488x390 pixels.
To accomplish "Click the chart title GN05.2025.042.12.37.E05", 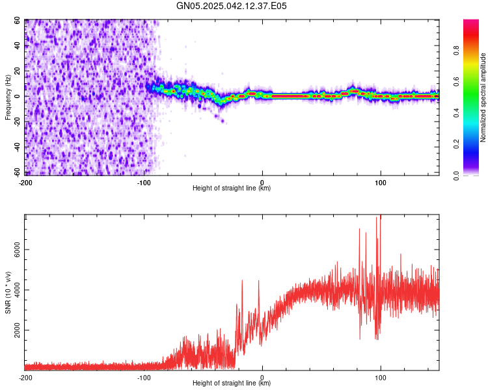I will click(x=232, y=6).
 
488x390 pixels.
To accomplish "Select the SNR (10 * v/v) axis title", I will click(x=8, y=292).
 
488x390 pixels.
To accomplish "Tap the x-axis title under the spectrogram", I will click(x=232, y=188).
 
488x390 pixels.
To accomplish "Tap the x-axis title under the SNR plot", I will click(x=232, y=383).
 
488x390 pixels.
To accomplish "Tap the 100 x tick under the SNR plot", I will click(x=381, y=377).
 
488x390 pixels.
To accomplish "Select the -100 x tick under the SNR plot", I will click(x=144, y=377).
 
